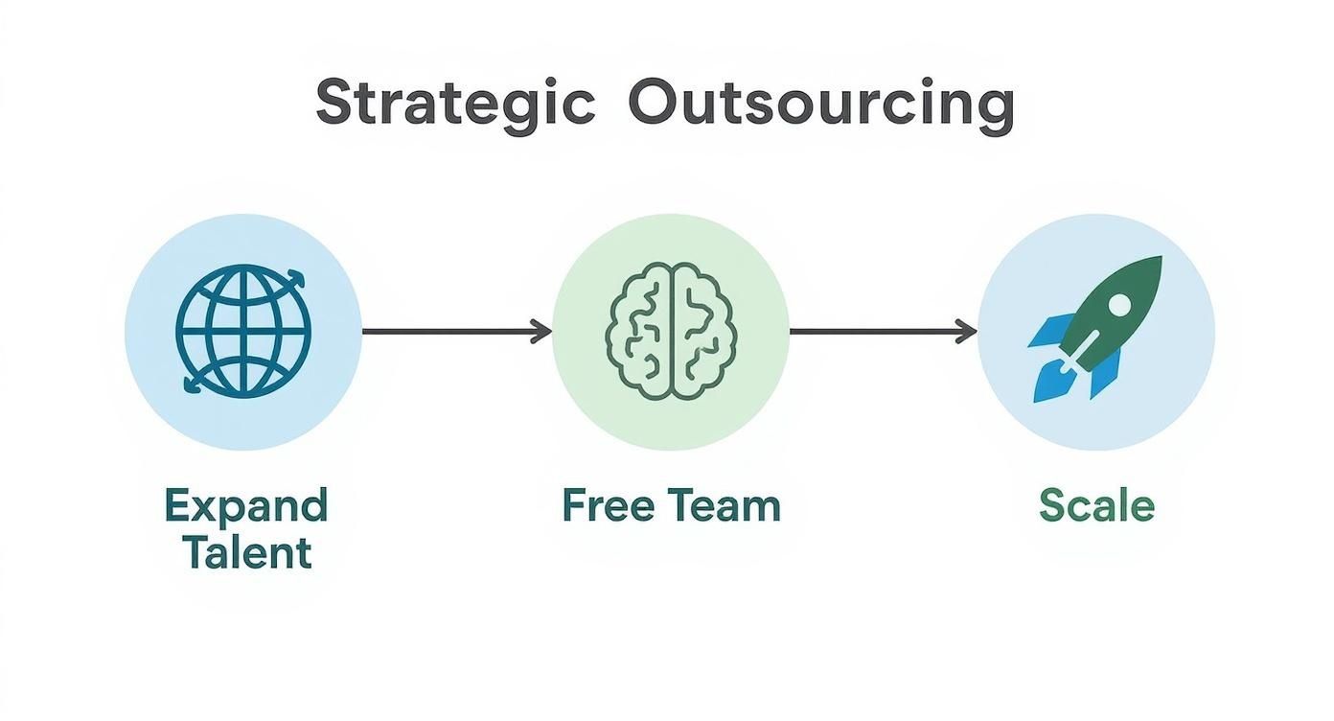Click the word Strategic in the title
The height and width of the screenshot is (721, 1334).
tap(455, 103)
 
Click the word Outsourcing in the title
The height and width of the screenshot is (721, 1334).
tap(820, 103)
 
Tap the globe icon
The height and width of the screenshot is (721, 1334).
tap(243, 331)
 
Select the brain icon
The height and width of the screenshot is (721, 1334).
tap(671, 331)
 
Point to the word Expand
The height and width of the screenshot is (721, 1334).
tap(246, 505)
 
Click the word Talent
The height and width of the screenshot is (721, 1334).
tap(246, 553)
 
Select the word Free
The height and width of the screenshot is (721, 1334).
tap(601, 505)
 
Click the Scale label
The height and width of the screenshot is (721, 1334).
tap(1097, 505)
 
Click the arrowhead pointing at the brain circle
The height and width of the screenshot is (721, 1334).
tap(543, 332)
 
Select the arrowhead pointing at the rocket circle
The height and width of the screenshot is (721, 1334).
tap(968, 332)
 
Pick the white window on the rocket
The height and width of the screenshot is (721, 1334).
tap(1117, 305)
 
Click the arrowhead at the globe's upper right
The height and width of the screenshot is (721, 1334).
tap(299, 279)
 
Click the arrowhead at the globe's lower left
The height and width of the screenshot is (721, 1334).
tap(190, 384)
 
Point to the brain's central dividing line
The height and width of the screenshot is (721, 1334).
tap(671, 331)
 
